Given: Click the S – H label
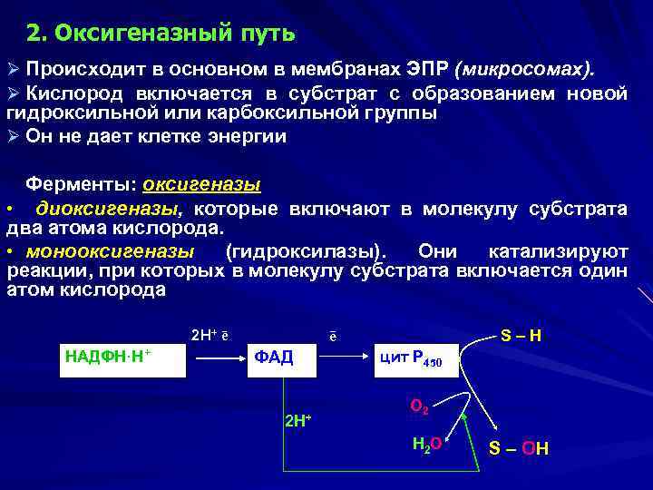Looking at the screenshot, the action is click(521, 336).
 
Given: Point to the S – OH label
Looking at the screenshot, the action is click(519, 448).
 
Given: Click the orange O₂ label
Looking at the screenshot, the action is click(418, 408).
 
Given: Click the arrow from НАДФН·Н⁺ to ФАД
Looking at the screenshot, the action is click(217, 357).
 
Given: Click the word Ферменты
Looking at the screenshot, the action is click(81, 184).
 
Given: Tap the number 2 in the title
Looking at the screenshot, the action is click(34, 34).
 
